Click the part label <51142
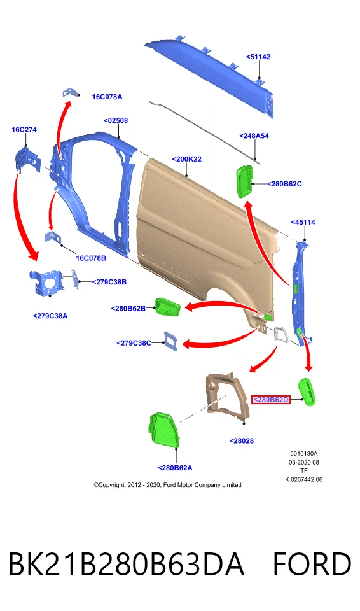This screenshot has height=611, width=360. (258, 57)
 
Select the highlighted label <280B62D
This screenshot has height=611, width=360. (271, 400)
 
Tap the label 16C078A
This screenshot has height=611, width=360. (107, 97)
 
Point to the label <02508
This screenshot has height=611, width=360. (116, 120)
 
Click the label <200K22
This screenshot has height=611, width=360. (186, 159)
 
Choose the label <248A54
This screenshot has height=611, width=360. (254, 136)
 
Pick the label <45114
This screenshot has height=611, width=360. (303, 222)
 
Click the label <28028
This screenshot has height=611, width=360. (242, 440)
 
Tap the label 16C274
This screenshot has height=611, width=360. (24, 129)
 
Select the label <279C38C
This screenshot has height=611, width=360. (134, 343)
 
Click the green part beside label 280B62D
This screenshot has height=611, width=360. (307, 392)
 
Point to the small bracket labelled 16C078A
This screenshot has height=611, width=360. (69, 93)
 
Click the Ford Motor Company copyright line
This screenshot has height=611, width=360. (167, 485)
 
